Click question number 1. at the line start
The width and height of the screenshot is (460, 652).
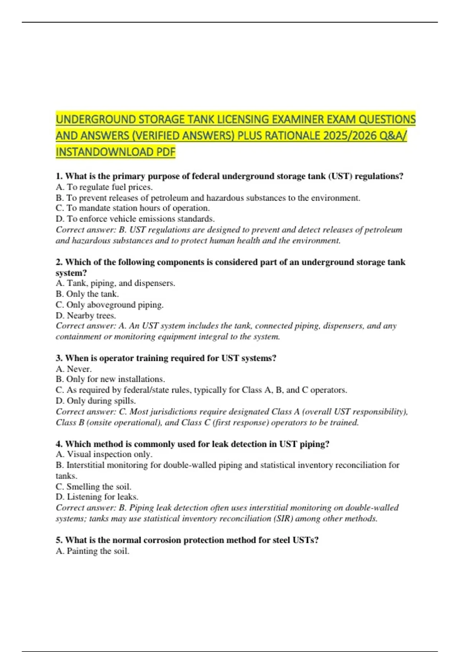[x=59, y=176]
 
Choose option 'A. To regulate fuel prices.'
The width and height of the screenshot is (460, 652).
[x=104, y=187]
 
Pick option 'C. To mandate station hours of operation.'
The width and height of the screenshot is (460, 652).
[x=133, y=208]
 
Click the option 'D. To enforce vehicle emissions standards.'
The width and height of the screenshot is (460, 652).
[x=135, y=219]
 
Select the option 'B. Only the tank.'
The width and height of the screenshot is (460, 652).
[x=87, y=294]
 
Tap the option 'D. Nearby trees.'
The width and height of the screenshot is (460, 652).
[x=86, y=315]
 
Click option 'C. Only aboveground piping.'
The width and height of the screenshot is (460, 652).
[x=110, y=305]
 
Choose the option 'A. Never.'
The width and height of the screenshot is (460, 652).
[x=74, y=369]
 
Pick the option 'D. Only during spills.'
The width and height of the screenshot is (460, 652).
[x=96, y=400]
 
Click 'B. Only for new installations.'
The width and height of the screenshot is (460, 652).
[x=110, y=379]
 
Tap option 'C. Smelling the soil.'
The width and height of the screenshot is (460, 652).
[x=94, y=486]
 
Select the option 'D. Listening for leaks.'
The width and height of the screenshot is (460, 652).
[x=97, y=497]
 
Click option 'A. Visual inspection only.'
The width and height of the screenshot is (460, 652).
[x=104, y=454]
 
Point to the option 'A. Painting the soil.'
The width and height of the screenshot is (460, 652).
[x=92, y=551]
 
